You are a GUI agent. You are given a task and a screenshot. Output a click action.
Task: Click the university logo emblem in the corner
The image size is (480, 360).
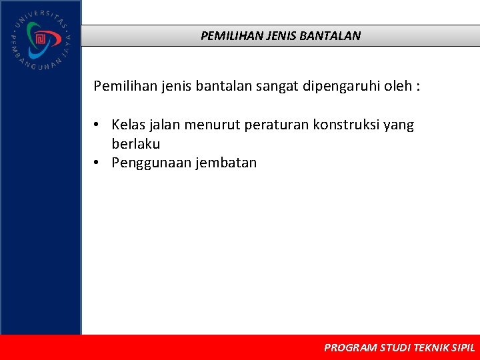[40, 40]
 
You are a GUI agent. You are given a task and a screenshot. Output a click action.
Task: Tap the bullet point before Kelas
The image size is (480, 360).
[97, 125]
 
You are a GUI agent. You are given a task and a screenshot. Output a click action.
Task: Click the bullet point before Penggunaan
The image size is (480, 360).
[97, 163]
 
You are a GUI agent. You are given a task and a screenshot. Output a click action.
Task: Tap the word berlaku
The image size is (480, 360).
[136, 144]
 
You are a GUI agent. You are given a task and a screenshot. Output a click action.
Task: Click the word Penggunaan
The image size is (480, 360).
[151, 163]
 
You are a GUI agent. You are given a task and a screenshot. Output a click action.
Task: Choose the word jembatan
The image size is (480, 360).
[226, 163]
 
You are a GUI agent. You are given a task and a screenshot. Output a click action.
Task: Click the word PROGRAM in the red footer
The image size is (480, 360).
[350, 348]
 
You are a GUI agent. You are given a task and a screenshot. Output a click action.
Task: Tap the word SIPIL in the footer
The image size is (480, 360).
[463, 348]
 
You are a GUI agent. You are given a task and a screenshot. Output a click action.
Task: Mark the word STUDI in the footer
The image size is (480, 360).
[395, 348]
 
